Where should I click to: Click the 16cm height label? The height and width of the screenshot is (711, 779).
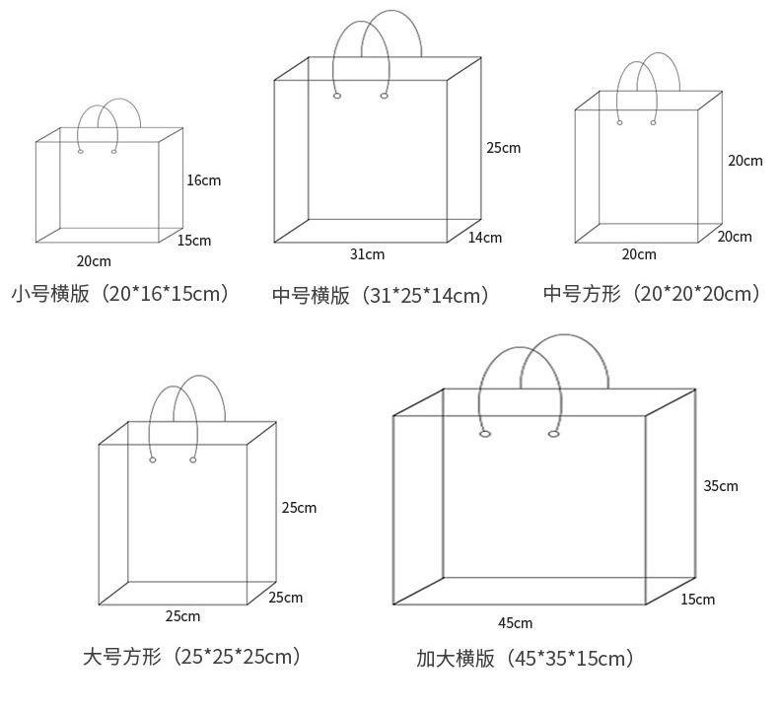click(x=203, y=180)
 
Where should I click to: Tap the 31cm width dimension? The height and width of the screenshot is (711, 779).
click(x=367, y=254)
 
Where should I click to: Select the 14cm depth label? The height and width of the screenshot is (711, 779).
click(x=484, y=238)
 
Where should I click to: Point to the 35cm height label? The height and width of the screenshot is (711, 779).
click(x=720, y=486)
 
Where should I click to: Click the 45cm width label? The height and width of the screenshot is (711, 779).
click(x=515, y=623)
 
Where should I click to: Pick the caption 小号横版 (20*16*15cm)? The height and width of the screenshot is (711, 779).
click(x=120, y=293)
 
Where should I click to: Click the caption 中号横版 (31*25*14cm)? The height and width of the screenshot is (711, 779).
click(x=381, y=295)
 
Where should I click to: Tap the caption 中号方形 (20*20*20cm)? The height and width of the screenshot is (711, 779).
click(x=653, y=293)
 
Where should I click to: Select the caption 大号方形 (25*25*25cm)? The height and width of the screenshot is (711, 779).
click(x=192, y=656)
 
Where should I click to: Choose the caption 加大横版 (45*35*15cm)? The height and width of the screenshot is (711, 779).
click(x=526, y=658)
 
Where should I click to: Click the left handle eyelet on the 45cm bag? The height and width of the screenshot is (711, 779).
click(x=485, y=434)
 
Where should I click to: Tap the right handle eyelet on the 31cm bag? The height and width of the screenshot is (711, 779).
click(x=384, y=96)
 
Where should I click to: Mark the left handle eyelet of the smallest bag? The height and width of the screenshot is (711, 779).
click(x=81, y=151)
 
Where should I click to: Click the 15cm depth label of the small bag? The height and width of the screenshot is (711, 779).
click(x=194, y=241)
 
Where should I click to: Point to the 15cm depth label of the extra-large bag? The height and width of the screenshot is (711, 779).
click(x=697, y=600)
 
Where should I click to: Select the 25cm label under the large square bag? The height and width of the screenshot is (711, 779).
click(x=182, y=616)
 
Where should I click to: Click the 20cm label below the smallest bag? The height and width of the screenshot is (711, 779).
click(x=94, y=261)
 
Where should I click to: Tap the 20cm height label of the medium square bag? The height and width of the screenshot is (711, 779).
click(x=744, y=161)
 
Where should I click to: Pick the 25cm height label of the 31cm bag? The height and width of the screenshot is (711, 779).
click(x=503, y=148)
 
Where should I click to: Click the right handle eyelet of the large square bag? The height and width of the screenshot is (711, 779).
click(x=193, y=460)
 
